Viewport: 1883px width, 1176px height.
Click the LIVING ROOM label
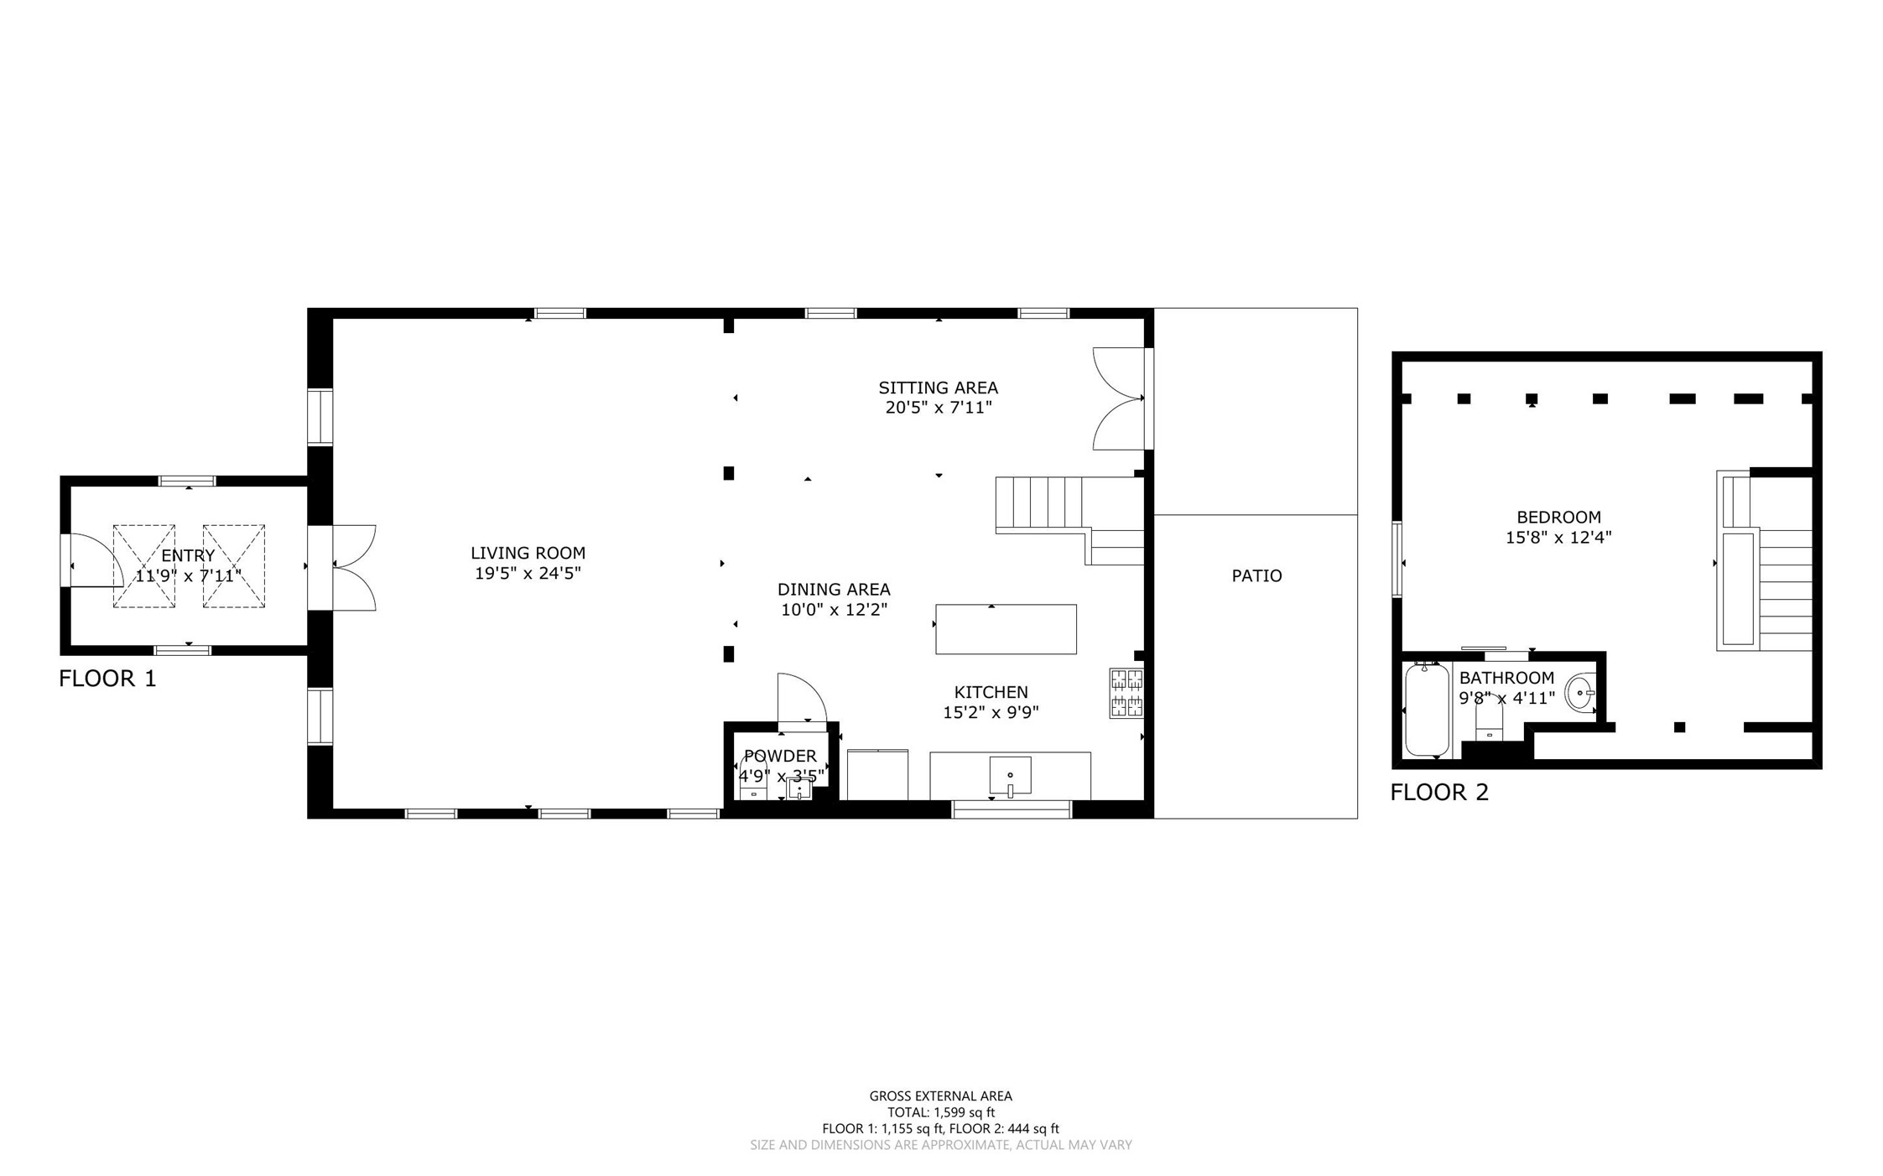[x=528, y=553]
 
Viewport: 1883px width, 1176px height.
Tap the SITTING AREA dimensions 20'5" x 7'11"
[x=939, y=408]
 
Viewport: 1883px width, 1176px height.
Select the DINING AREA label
[x=834, y=590]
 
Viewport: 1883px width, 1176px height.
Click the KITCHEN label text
[x=991, y=692]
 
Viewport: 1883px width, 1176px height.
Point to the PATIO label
[x=1256, y=575]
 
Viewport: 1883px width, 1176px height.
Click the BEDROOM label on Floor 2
[x=1558, y=518]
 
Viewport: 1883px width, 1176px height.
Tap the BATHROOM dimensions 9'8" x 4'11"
[x=1507, y=698]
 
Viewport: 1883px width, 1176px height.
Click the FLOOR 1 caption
[x=107, y=679]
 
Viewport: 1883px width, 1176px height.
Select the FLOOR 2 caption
[x=1439, y=793]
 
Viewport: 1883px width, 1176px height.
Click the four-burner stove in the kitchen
[x=1126, y=693]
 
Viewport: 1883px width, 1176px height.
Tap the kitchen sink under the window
[x=1010, y=776]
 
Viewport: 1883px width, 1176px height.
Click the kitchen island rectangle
[x=1006, y=629]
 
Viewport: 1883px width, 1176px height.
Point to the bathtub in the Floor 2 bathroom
[x=1427, y=710]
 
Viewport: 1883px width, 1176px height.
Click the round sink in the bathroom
[x=1580, y=694]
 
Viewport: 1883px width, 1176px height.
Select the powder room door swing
[x=802, y=698]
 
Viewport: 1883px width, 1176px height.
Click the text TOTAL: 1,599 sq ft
[x=941, y=1112]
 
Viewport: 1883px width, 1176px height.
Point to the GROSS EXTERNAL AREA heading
[x=941, y=1095]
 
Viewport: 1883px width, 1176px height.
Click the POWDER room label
[x=780, y=756]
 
